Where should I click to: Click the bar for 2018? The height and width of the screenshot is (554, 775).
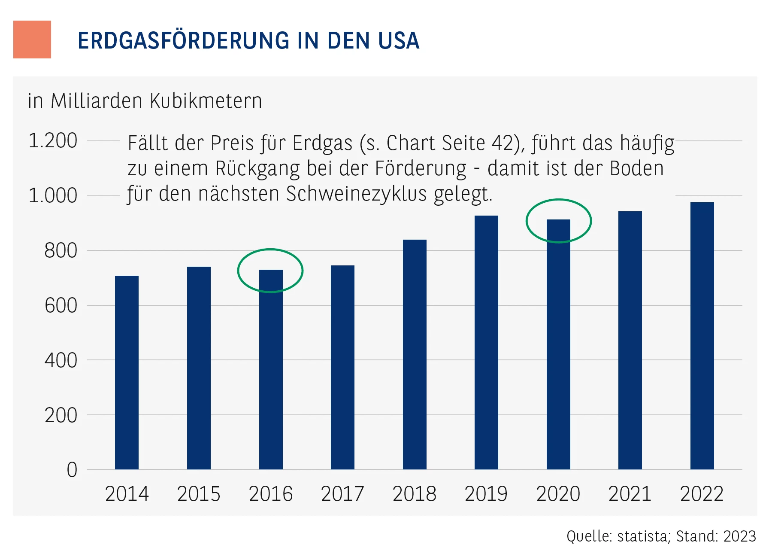pyautogui.click(x=415, y=354)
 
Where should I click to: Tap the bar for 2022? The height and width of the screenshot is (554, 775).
pyautogui.click(x=702, y=335)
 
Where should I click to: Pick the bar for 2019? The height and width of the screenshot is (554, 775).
pyautogui.click(x=486, y=342)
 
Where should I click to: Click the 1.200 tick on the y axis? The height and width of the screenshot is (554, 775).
pyautogui.click(x=53, y=141)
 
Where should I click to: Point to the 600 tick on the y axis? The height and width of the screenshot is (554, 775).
pyautogui.click(x=61, y=306)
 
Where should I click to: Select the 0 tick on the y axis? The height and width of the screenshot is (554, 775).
pyautogui.click(x=72, y=470)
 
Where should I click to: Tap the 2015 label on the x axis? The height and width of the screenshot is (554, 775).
pyautogui.click(x=199, y=494)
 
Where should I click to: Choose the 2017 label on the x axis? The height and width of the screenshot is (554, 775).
pyautogui.click(x=342, y=494)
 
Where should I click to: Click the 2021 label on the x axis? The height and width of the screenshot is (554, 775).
pyautogui.click(x=630, y=494)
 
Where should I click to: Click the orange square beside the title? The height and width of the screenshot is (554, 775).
pyautogui.click(x=32, y=40)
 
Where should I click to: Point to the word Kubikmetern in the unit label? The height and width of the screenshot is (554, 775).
pyautogui.click(x=206, y=101)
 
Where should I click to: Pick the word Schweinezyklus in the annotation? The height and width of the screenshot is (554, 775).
pyautogui.click(x=357, y=194)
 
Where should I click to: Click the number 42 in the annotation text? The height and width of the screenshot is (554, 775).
pyautogui.click(x=503, y=143)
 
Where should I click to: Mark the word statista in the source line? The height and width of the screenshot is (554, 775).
pyautogui.click(x=642, y=536)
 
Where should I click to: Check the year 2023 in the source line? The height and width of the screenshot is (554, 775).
pyautogui.click(x=739, y=536)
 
